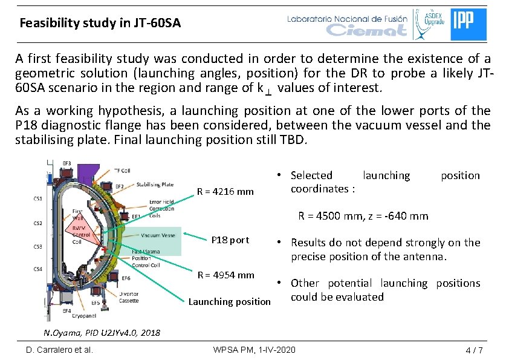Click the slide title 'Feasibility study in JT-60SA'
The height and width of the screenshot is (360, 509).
100,24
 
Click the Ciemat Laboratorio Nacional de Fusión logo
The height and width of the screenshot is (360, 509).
347,24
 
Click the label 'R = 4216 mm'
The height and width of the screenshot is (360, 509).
225,193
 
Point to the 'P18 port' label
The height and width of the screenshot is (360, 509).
230,240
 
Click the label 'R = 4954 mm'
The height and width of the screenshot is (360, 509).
226,275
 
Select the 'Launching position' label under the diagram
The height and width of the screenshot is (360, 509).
230,301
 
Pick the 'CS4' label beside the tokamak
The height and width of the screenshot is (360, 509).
38,269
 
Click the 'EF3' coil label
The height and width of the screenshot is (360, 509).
67,163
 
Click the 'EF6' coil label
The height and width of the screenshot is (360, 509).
126,278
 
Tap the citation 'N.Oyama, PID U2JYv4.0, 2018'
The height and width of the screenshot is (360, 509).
102,332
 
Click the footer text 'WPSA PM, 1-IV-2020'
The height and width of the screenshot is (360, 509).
254,350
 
